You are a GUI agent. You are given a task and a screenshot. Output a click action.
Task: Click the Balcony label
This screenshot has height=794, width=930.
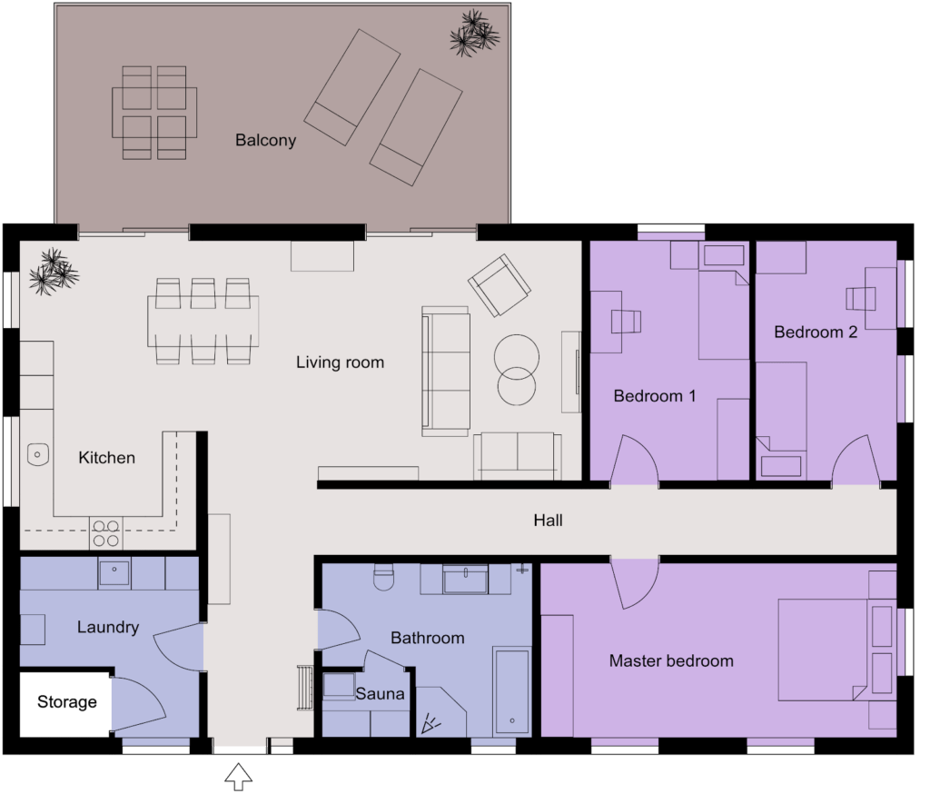[x=265, y=141]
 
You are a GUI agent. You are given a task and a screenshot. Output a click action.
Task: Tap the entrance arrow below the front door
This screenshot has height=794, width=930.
[x=238, y=776]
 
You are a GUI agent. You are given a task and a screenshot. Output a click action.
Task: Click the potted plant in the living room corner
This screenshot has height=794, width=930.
[x=53, y=269]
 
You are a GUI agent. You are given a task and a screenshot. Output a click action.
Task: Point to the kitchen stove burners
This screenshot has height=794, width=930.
[x=105, y=532]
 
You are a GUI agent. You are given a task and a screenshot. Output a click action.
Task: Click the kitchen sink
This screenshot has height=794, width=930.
[x=37, y=452]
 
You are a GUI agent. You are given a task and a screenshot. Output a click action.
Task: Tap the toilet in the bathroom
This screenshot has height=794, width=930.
[x=382, y=578]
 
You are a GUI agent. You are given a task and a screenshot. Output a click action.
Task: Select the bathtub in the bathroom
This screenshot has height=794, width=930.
[x=511, y=691]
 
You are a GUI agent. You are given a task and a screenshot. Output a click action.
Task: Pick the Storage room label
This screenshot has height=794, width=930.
[x=66, y=702]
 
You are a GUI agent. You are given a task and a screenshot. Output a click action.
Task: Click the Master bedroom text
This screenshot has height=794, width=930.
[x=671, y=660]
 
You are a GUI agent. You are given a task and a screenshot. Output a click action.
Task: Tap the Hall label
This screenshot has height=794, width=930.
[x=548, y=521]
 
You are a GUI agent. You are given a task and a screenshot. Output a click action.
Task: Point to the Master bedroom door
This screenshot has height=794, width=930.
[x=635, y=583]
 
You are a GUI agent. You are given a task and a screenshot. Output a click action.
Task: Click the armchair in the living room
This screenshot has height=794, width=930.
[x=499, y=284]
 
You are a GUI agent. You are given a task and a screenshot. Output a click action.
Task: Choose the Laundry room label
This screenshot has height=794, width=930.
[x=107, y=627]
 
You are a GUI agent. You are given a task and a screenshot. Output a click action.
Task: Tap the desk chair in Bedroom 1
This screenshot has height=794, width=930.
[x=626, y=321]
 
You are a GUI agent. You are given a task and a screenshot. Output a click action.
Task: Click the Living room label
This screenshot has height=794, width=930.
[x=340, y=362]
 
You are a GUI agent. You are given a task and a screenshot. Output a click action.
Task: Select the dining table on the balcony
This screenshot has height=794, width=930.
[x=153, y=112]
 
